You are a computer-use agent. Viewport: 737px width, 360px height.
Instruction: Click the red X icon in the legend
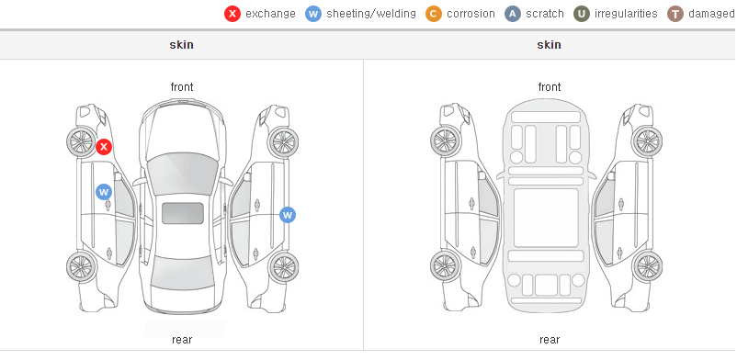click(232, 14)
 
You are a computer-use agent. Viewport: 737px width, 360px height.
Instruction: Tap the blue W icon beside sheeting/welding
click(313, 14)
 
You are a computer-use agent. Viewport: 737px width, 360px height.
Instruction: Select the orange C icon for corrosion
click(434, 14)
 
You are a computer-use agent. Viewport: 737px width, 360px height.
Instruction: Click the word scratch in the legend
click(545, 14)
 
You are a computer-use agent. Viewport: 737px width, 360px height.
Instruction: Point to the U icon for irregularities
click(582, 14)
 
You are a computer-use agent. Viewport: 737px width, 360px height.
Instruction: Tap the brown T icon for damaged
click(675, 14)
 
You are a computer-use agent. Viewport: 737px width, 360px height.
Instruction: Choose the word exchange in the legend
click(270, 14)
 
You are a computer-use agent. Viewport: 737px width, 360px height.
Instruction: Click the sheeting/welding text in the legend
click(371, 14)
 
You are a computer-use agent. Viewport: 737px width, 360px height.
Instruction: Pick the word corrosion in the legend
click(471, 14)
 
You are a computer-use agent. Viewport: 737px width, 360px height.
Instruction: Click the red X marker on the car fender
click(104, 147)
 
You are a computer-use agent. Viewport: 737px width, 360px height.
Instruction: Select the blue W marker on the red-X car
click(104, 192)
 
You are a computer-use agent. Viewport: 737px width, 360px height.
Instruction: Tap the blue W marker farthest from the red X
click(288, 215)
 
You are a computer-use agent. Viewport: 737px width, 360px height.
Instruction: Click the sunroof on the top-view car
click(183, 213)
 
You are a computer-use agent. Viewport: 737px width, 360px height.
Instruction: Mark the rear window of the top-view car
click(182, 273)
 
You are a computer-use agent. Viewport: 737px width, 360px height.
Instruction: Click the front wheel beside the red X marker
click(81, 141)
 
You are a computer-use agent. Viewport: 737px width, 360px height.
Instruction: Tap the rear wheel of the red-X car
click(81, 267)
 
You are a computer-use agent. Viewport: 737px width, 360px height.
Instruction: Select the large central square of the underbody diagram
click(546, 218)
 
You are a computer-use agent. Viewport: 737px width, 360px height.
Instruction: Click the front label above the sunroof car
click(182, 87)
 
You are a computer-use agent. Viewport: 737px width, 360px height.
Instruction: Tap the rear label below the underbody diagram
click(550, 340)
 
